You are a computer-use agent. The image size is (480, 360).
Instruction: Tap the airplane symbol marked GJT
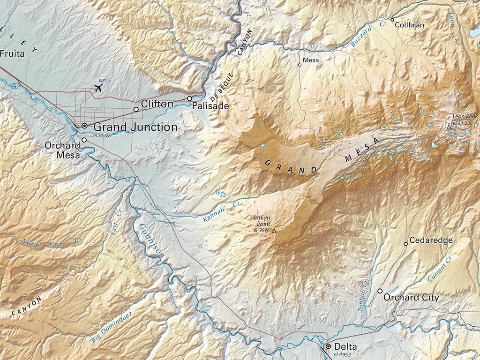click(98, 88)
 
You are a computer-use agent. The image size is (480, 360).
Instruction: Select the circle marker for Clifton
click(136, 109)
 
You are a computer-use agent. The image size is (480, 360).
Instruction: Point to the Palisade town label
click(210, 106)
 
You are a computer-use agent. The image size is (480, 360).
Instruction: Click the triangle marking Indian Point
click(275, 231)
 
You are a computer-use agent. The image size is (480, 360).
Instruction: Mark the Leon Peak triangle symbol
click(449, 127)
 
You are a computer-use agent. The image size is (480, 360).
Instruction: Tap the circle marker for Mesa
click(300, 65)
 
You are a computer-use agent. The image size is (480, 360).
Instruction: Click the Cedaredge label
click(431, 240)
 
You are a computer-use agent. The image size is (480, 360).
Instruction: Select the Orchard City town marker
click(380, 291)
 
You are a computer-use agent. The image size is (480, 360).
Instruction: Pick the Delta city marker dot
click(328, 346)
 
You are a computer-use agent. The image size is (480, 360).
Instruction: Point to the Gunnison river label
click(150, 240)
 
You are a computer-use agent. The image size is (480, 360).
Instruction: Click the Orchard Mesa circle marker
click(84, 140)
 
